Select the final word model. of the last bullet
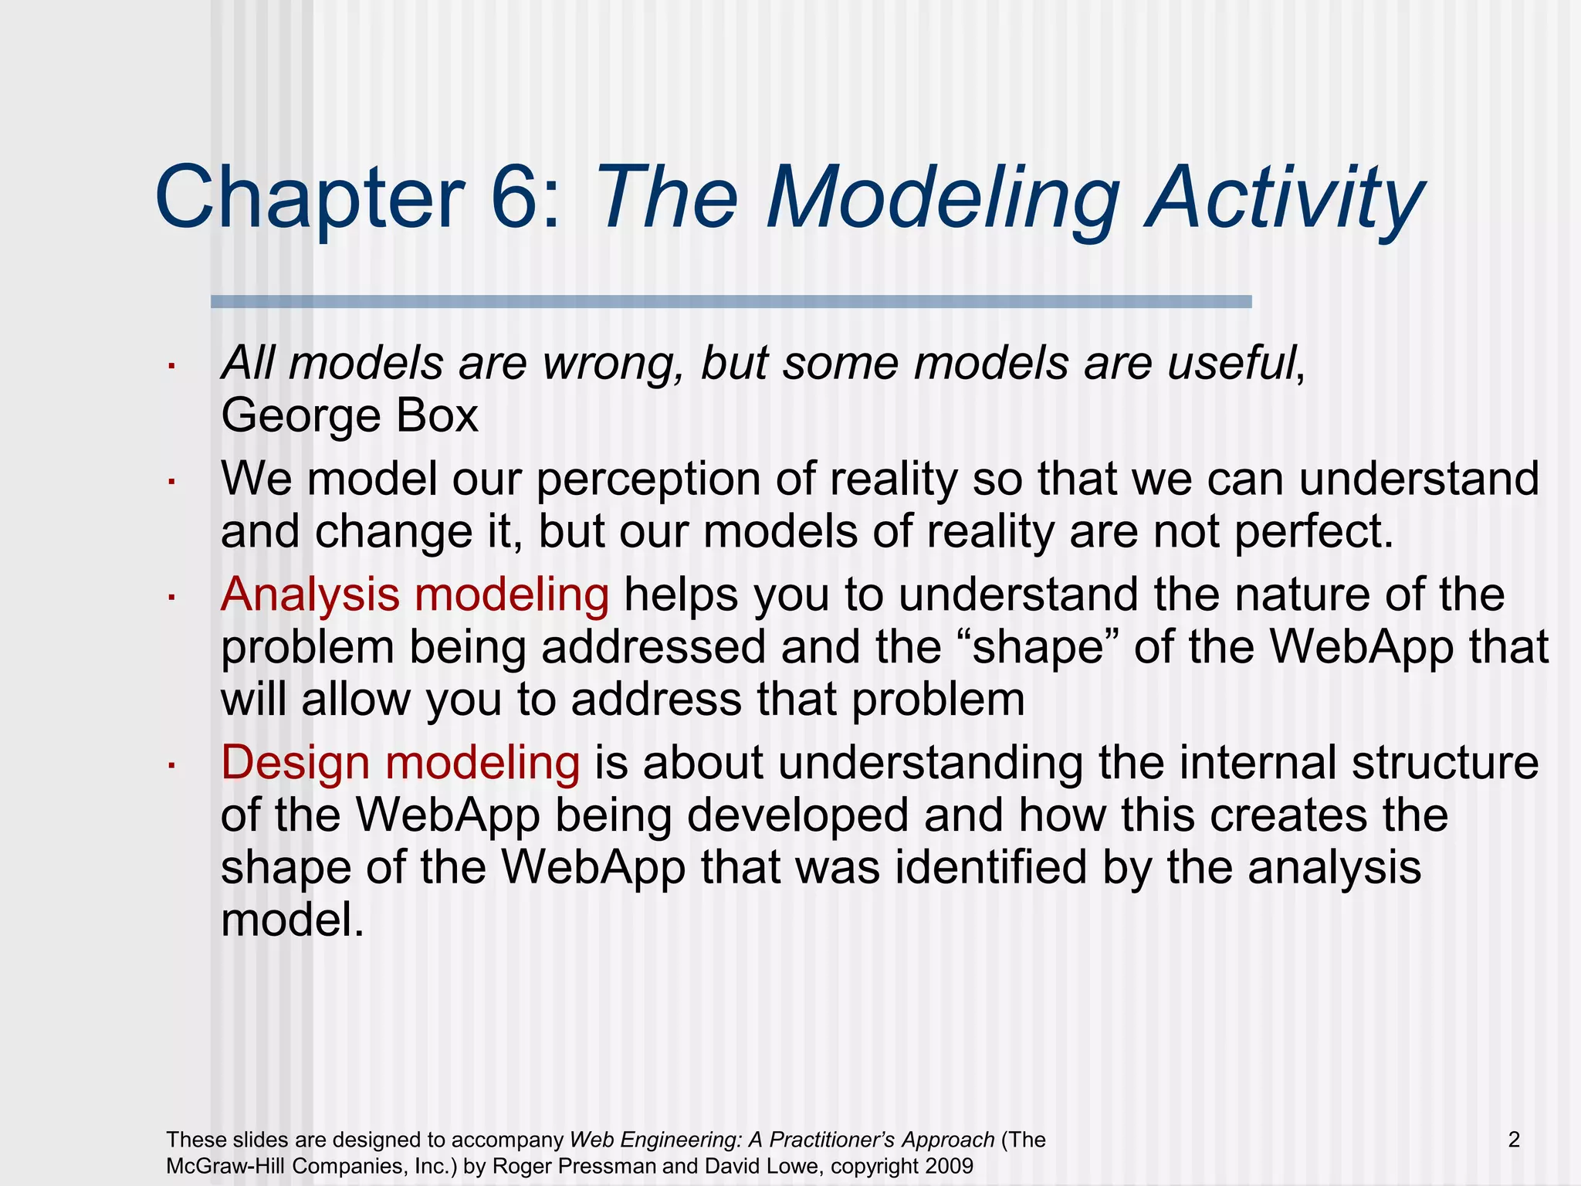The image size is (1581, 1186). (292, 920)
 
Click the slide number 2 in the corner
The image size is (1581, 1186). (1514, 1140)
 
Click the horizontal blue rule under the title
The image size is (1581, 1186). (730, 302)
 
